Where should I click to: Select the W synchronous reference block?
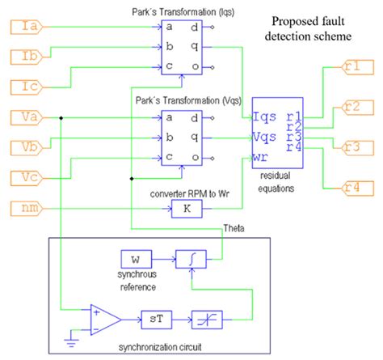[x=134, y=260]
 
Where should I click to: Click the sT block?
[x=155, y=319]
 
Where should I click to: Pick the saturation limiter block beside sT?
[x=205, y=319]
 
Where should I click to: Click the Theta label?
[x=234, y=230]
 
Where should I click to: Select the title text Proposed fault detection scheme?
[x=314, y=29]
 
